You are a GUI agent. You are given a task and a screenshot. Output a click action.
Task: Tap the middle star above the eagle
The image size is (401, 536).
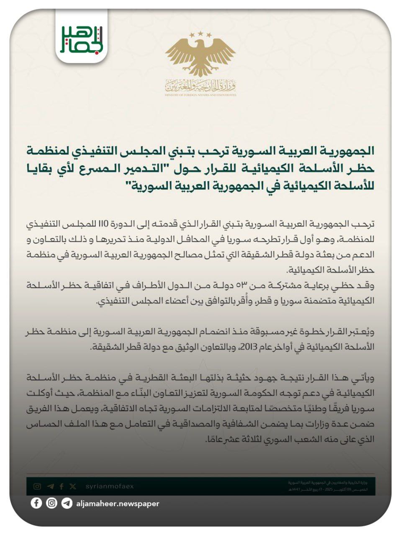200,32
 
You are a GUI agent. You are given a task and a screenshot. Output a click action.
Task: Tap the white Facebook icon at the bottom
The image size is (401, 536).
36,503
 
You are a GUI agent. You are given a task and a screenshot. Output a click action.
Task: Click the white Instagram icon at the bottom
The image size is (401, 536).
51,503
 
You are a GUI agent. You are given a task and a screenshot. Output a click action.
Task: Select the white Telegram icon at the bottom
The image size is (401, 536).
66,503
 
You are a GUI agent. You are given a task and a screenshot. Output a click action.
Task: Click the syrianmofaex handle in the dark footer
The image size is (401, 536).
110,486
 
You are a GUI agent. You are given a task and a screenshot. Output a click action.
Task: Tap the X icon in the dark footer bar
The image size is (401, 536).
73,486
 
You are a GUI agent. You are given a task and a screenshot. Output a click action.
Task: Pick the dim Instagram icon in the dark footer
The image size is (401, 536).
38,486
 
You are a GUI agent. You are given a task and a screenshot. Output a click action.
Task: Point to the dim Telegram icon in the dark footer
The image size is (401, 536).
51,486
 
